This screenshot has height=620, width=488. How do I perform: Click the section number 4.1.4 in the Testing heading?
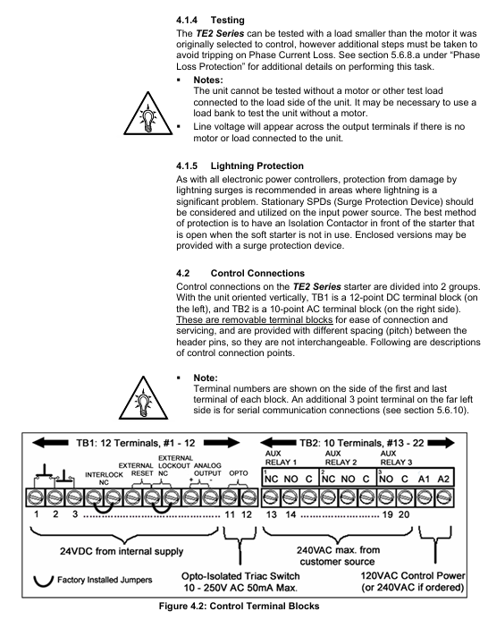point(187,21)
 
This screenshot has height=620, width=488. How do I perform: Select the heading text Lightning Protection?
point(257,166)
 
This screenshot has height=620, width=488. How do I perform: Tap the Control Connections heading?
point(257,273)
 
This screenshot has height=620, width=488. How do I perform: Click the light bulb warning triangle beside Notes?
point(147,114)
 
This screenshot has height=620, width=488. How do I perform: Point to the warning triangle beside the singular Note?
point(143,398)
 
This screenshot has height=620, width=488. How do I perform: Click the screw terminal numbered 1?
point(36,497)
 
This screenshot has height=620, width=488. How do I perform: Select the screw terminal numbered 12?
point(248,497)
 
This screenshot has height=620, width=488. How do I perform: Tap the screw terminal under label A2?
point(444,497)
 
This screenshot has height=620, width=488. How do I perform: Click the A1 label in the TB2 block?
point(424,479)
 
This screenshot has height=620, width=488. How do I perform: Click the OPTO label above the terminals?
point(239,473)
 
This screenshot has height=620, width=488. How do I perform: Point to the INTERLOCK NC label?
point(104,479)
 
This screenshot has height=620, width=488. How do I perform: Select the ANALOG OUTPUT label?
point(207,470)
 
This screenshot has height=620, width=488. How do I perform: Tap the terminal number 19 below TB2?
point(387,514)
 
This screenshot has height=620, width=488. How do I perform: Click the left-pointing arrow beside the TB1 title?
point(50,443)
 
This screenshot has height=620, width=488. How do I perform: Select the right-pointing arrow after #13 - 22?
point(441,443)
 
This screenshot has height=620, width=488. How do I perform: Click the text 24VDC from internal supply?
point(122,551)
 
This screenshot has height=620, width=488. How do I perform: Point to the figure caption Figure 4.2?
point(239,606)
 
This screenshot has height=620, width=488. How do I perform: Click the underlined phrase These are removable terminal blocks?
point(255,319)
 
